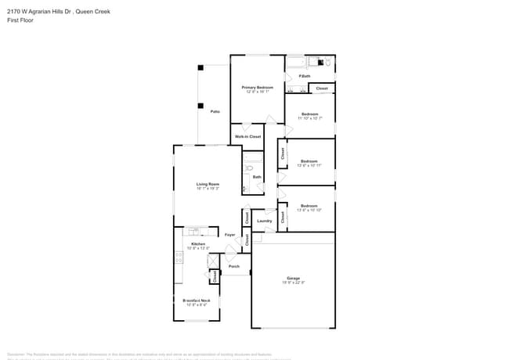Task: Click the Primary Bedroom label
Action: click(x=257, y=87)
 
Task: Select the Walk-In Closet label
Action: click(x=247, y=136)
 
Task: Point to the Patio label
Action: click(x=215, y=111)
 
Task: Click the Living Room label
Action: click(x=208, y=185)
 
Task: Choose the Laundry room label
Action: click(x=265, y=221)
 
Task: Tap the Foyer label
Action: click(x=230, y=235)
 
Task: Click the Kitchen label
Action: click(x=198, y=244)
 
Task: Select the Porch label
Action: click(x=234, y=267)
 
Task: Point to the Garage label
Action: click(x=293, y=279)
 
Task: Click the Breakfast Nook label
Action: click(x=197, y=301)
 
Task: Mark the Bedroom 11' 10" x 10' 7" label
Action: click(x=309, y=114)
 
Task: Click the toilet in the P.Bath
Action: click(x=328, y=61)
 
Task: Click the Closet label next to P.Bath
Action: click(x=321, y=88)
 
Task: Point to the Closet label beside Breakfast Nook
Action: click(x=215, y=276)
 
